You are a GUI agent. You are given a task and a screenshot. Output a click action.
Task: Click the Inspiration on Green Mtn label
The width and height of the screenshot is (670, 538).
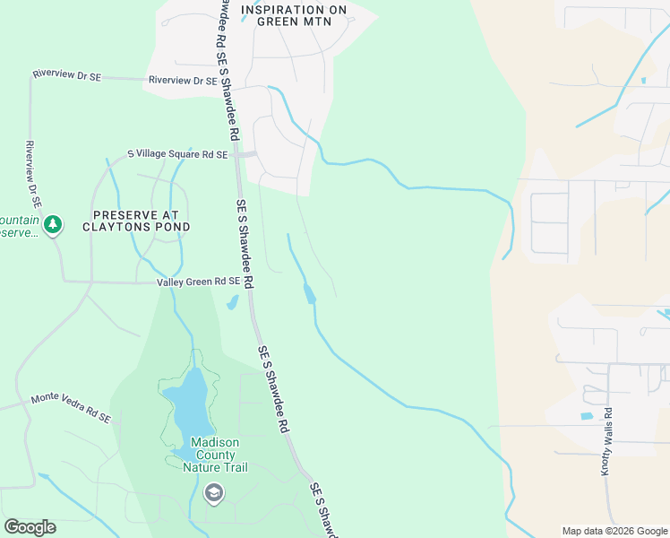(x=294, y=16)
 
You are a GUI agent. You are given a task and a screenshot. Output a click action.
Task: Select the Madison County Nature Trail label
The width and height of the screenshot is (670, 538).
(x=215, y=455)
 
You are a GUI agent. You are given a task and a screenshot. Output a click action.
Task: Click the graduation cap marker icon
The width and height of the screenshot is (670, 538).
(x=213, y=492)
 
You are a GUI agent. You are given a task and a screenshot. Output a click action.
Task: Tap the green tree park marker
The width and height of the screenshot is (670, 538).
(x=53, y=223)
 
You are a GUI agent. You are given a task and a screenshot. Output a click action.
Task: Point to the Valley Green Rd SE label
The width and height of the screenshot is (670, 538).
(x=198, y=282)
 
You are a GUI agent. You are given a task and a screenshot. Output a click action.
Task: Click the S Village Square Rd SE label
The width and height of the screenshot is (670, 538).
(x=177, y=154)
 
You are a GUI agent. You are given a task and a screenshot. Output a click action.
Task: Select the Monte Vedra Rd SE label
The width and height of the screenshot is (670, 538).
(x=71, y=408)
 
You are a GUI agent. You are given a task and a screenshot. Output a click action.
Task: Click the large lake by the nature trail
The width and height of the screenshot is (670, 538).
(x=190, y=402)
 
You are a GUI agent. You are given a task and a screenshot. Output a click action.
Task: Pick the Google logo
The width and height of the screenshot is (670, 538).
(x=30, y=527)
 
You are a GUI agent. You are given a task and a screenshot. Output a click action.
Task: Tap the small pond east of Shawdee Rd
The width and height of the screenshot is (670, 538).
(x=310, y=293)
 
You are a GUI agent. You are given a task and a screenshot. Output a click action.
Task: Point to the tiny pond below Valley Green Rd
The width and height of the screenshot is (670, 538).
(x=232, y=303)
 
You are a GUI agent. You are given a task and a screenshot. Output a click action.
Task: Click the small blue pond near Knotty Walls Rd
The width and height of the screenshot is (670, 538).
(x=587, y=416)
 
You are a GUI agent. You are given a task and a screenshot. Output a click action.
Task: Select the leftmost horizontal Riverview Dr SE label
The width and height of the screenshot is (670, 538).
(x=67, y=76)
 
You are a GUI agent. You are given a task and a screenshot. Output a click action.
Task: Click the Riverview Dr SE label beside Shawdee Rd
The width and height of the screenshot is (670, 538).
(x=183, y=80)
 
